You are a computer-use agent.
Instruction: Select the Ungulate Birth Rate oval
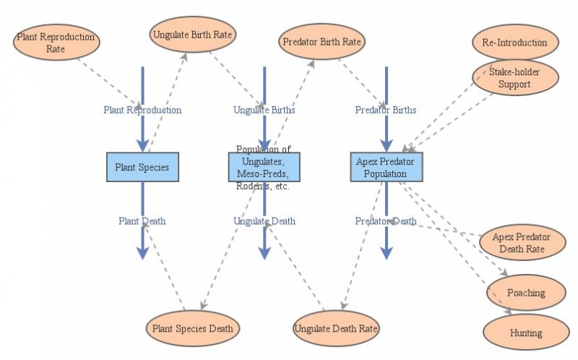(x=194, y=34)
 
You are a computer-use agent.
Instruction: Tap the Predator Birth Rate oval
(x=320, y=41)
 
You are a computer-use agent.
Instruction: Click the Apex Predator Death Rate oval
(x=521, y=243)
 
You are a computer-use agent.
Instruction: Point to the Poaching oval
(x=525, y=293)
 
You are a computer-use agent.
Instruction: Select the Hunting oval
(x=525, y=333)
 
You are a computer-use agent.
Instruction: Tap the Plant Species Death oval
(x=192, y=328)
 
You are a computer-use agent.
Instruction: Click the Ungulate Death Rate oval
(x=337, y=328)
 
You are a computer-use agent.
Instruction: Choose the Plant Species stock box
(x=142, y=167)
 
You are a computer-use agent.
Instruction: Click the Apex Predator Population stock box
(x=386, y=167)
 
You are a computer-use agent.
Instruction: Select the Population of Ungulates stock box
(x=264, y=167)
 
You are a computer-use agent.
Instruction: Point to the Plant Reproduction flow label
(x=142, y=111)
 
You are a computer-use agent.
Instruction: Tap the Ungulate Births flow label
(x=264, y=111)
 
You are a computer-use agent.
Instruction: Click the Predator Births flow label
(x=386, y=111)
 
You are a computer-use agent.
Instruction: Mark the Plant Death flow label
(x=142, y=221)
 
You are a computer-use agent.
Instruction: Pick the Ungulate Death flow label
(x=264, y=221)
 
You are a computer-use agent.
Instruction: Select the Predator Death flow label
(x=386, y=221)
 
